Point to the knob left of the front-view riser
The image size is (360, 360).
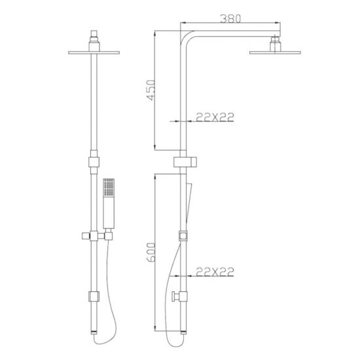click(x=83, y=234)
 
